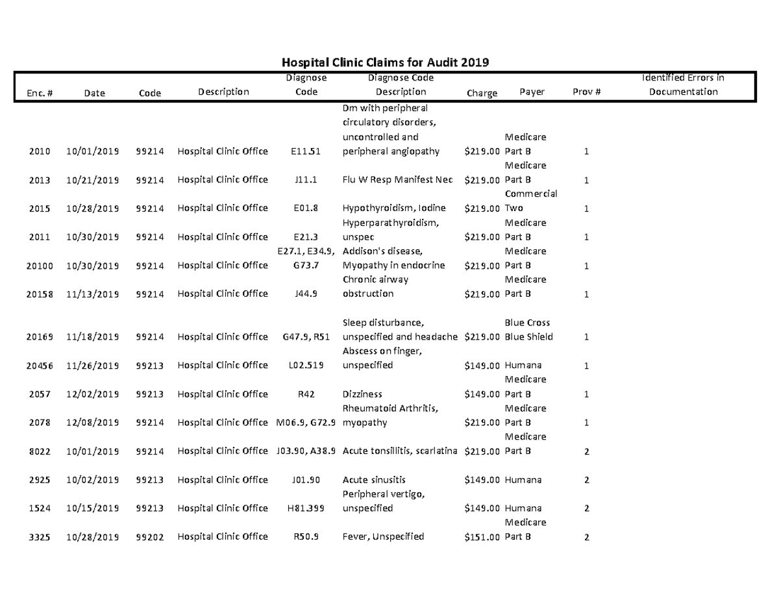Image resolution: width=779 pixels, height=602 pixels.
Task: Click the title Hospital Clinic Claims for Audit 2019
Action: coord(384,62)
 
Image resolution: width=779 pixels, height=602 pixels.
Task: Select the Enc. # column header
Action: coord(40,93)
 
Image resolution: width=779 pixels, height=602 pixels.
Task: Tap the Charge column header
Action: coord(482,93)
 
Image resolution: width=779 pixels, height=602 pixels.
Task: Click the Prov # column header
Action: coord(587,92)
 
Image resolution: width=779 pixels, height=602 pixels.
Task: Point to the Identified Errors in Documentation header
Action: coord(683,85)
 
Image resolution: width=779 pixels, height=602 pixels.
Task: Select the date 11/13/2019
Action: coord(92,294)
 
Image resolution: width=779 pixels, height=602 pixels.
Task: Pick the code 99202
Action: coord(150,536)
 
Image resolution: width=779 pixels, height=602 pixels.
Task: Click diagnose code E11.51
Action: coord(306,151)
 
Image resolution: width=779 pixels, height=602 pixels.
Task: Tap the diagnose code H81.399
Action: coord(306,508)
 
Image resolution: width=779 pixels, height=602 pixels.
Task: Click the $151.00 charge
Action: coord(482,536)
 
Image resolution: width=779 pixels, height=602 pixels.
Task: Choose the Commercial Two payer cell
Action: coord(530,201)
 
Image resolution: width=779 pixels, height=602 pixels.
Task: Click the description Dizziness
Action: coord(362,394)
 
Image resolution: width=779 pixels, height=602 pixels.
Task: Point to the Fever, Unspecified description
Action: coord(383,536)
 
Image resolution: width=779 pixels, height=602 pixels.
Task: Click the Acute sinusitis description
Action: coord(373,480)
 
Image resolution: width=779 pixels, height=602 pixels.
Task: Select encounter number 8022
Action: coord(40,451)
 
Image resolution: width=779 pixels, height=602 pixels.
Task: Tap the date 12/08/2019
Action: coord(92,423)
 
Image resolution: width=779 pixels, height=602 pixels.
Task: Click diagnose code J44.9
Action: coord(306,294)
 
